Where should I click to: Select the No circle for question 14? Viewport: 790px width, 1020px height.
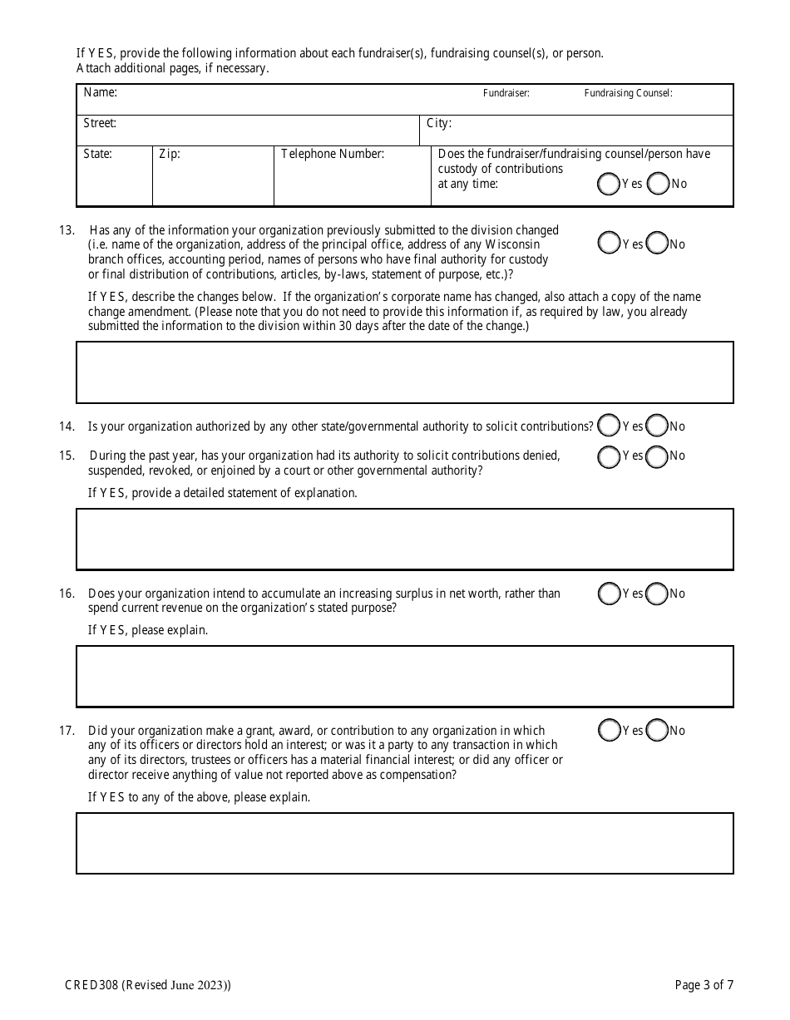(658, 426)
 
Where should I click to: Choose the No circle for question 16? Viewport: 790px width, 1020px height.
(658, 594)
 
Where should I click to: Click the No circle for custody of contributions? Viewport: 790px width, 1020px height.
(659, 184)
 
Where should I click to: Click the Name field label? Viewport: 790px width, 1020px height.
(100, 93)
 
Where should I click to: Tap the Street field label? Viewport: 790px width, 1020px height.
(100, 123)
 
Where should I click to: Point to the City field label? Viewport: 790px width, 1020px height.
(438, 123)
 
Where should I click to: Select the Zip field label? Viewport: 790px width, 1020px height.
(169, 154)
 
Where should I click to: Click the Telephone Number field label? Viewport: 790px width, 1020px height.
(333, 154)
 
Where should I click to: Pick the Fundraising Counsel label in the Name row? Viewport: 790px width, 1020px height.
(628, 93)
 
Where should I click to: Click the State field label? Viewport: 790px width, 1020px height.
(97, 154)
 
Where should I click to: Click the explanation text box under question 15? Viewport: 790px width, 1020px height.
(405, 540)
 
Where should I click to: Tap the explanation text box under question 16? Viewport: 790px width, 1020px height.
(405, 677)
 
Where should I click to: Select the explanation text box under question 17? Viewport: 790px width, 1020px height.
(405, 843)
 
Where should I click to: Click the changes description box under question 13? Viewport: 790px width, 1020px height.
(405, 372)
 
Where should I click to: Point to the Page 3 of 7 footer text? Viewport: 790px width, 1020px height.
(704, 986)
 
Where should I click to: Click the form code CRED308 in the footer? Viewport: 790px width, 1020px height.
(87, 986)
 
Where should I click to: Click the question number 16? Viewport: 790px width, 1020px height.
(67, 594)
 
